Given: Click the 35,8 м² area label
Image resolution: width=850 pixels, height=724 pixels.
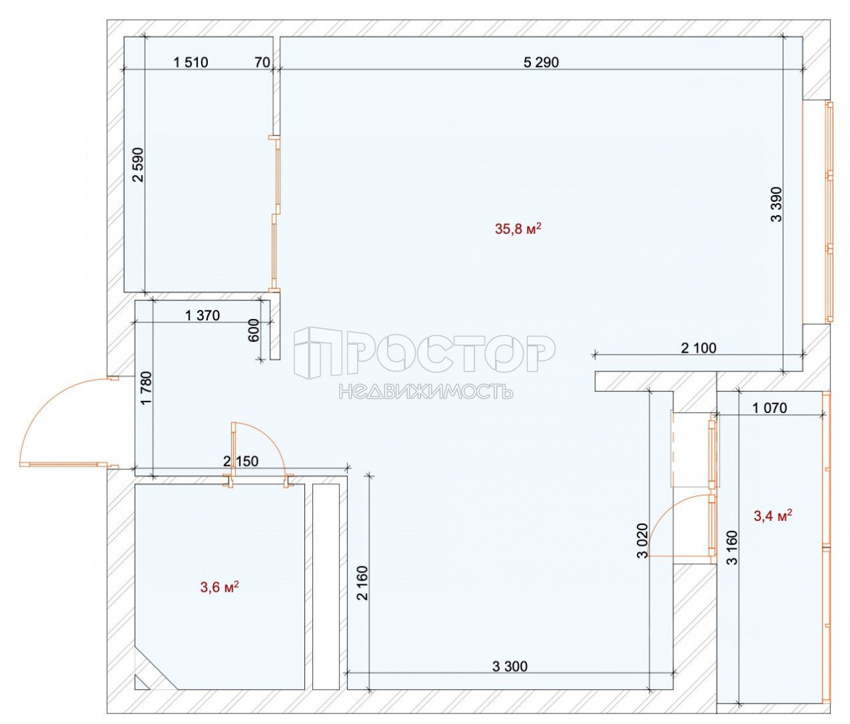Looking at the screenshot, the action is tap(518, 229).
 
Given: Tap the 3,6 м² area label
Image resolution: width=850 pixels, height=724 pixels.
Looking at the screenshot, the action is tap(220, 587).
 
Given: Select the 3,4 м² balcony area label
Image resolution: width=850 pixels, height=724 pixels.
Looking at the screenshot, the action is tap(773, 516).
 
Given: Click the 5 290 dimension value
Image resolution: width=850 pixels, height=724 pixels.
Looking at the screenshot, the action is tap(541, 62).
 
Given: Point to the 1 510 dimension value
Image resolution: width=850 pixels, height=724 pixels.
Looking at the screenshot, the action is tap(191, 62).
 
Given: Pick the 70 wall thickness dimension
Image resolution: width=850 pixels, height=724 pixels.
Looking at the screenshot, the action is tap(262, 62).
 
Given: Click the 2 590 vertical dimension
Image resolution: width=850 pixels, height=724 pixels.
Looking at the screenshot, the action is tap(138, 164).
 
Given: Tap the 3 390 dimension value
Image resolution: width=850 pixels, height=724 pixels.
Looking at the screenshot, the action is tap(776, 204).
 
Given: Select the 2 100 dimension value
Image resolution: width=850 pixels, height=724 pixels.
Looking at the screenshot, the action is tap(699, 348).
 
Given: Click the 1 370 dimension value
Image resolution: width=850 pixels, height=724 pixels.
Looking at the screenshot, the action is tap(202, 316).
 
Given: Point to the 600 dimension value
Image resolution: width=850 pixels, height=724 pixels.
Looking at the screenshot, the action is tap(253, 330).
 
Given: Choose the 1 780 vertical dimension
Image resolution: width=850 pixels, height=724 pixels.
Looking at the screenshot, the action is tap(146, 389).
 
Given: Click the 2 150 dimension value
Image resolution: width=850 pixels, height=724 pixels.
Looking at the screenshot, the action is tap(241, 461).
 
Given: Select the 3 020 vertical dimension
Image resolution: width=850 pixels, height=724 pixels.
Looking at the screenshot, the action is tap(642, 540).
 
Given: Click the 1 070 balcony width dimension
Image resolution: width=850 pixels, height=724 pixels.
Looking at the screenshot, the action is tap(770, 408).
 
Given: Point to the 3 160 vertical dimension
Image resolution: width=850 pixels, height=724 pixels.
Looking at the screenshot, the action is tap(733, 548).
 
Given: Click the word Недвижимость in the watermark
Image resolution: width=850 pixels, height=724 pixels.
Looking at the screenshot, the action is tap(426, 391).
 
